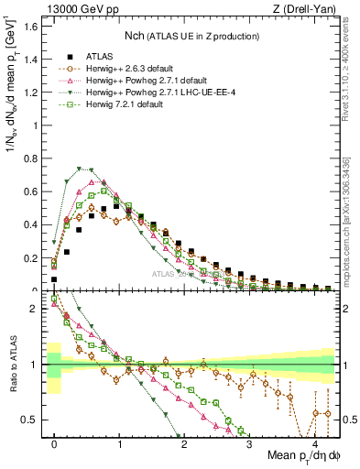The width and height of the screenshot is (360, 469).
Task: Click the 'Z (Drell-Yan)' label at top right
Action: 307,8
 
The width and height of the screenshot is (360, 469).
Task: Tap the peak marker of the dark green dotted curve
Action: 80,169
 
